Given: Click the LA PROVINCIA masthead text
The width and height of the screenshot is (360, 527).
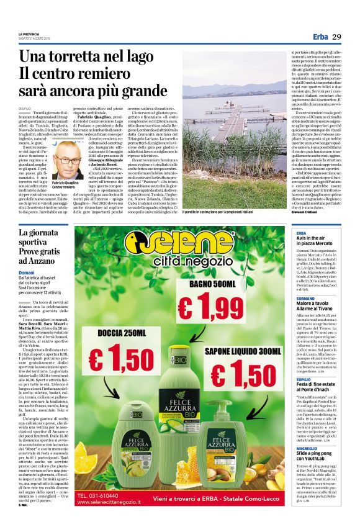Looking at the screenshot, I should [x=29, y=34].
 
